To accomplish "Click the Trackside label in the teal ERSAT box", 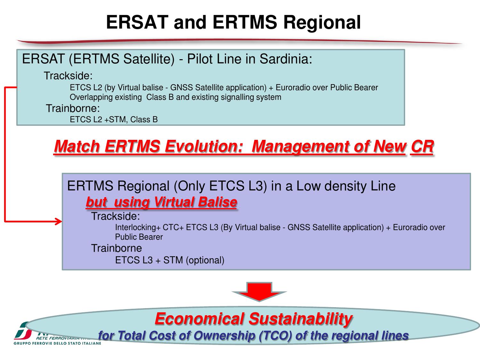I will [x=68, y=76].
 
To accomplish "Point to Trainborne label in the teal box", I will [x=73, y=108].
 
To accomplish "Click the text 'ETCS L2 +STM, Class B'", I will [x=114, y=120].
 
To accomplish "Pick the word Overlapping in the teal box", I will [x=88, y=97].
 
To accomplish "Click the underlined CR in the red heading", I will [x=422, y=147].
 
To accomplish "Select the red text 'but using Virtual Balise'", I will [x=161, y=202].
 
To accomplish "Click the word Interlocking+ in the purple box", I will [x=138, y=228].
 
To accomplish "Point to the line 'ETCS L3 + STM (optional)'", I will [x=170, y=260].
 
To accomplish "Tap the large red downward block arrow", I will [x=259, y=291].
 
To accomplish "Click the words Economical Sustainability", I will [x=253, y=319].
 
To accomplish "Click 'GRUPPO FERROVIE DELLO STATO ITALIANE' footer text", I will [x=57, y=343].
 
